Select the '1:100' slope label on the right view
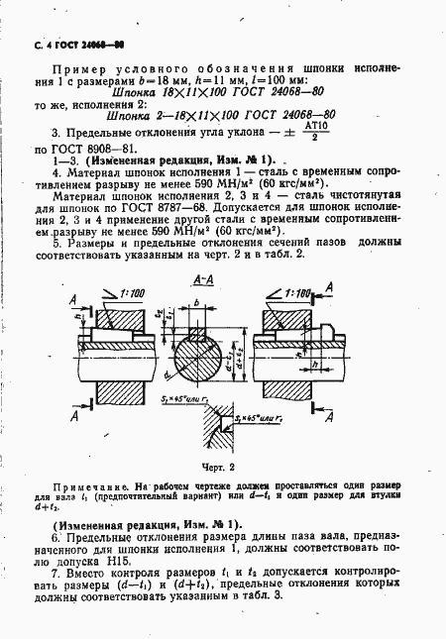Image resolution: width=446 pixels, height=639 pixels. [x=298, y=295]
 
